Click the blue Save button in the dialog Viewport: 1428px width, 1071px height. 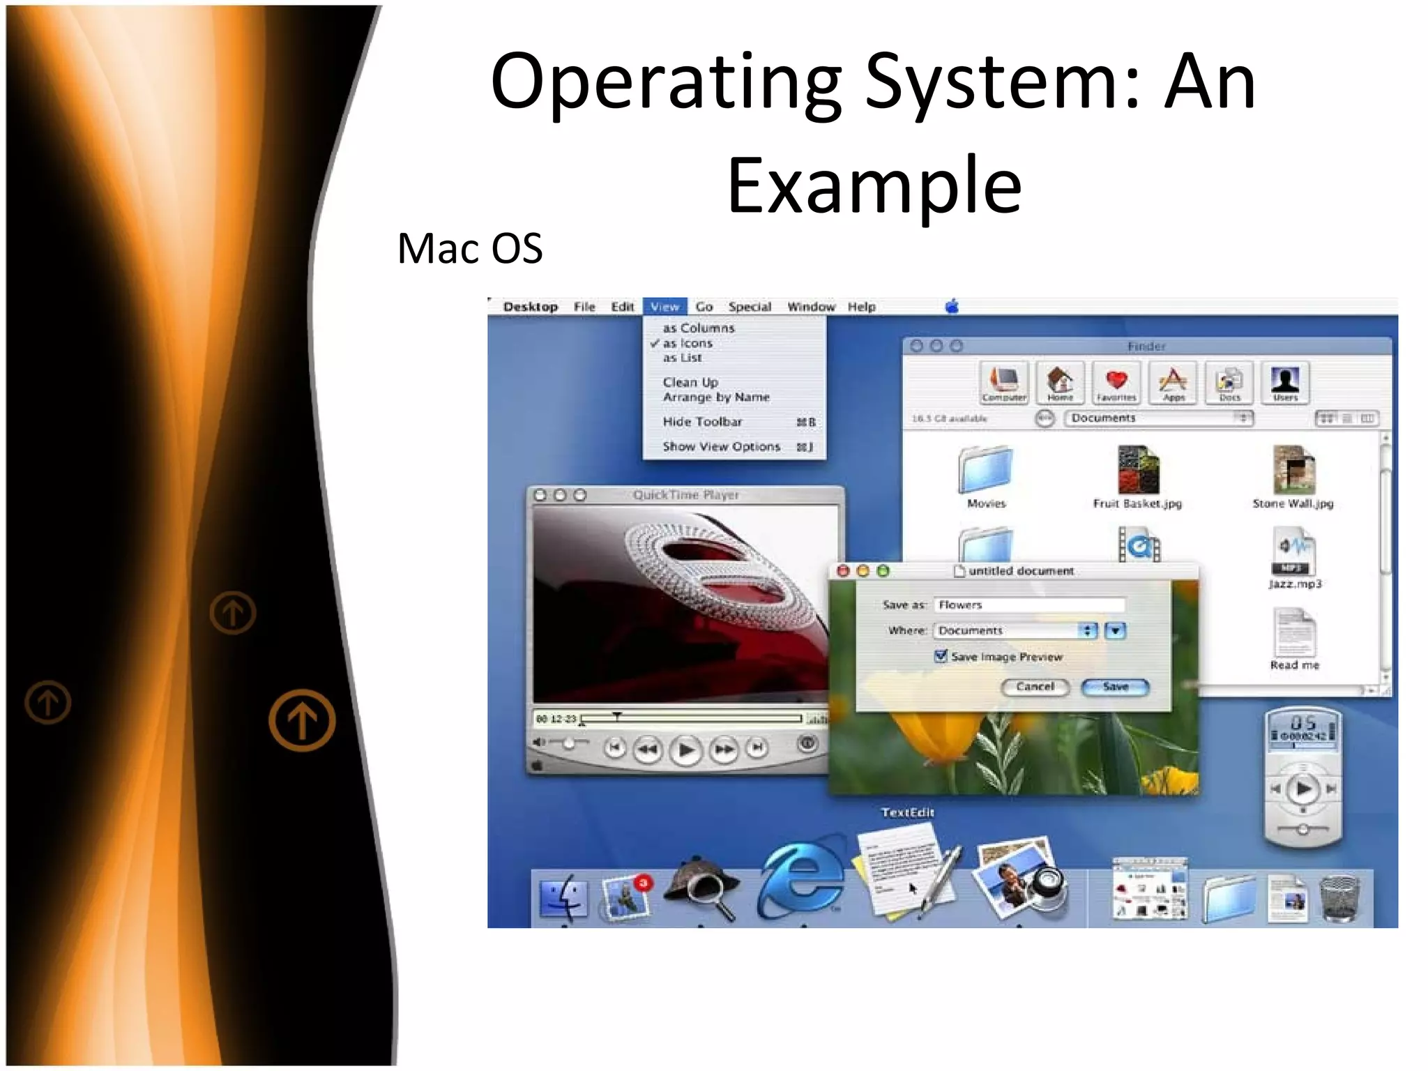[1115, 687]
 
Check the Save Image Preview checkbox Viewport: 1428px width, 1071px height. [941, 656]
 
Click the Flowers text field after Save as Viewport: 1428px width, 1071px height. [1028, 605]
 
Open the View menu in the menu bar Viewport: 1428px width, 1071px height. [664, 307]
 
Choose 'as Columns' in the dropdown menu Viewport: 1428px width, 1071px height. [699, 328]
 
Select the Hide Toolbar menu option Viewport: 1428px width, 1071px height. [703, 422]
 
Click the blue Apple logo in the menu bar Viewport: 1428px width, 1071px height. [952, 306]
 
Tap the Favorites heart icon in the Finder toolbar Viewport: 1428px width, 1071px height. [1116, 381]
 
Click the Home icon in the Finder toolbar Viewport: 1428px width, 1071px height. [1060, 381]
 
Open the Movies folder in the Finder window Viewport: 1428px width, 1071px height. [986, 471]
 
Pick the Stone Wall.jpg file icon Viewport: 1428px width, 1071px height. [1293, 471]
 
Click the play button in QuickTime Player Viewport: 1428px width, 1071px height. [685, 750]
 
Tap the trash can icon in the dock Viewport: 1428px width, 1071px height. [1339, 898]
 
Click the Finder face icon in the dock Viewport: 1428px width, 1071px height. [563, 897]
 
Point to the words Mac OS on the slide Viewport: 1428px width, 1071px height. [469, 248]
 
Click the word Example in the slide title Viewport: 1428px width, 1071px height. [874, 185]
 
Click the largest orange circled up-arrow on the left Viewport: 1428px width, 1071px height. [302, 720]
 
